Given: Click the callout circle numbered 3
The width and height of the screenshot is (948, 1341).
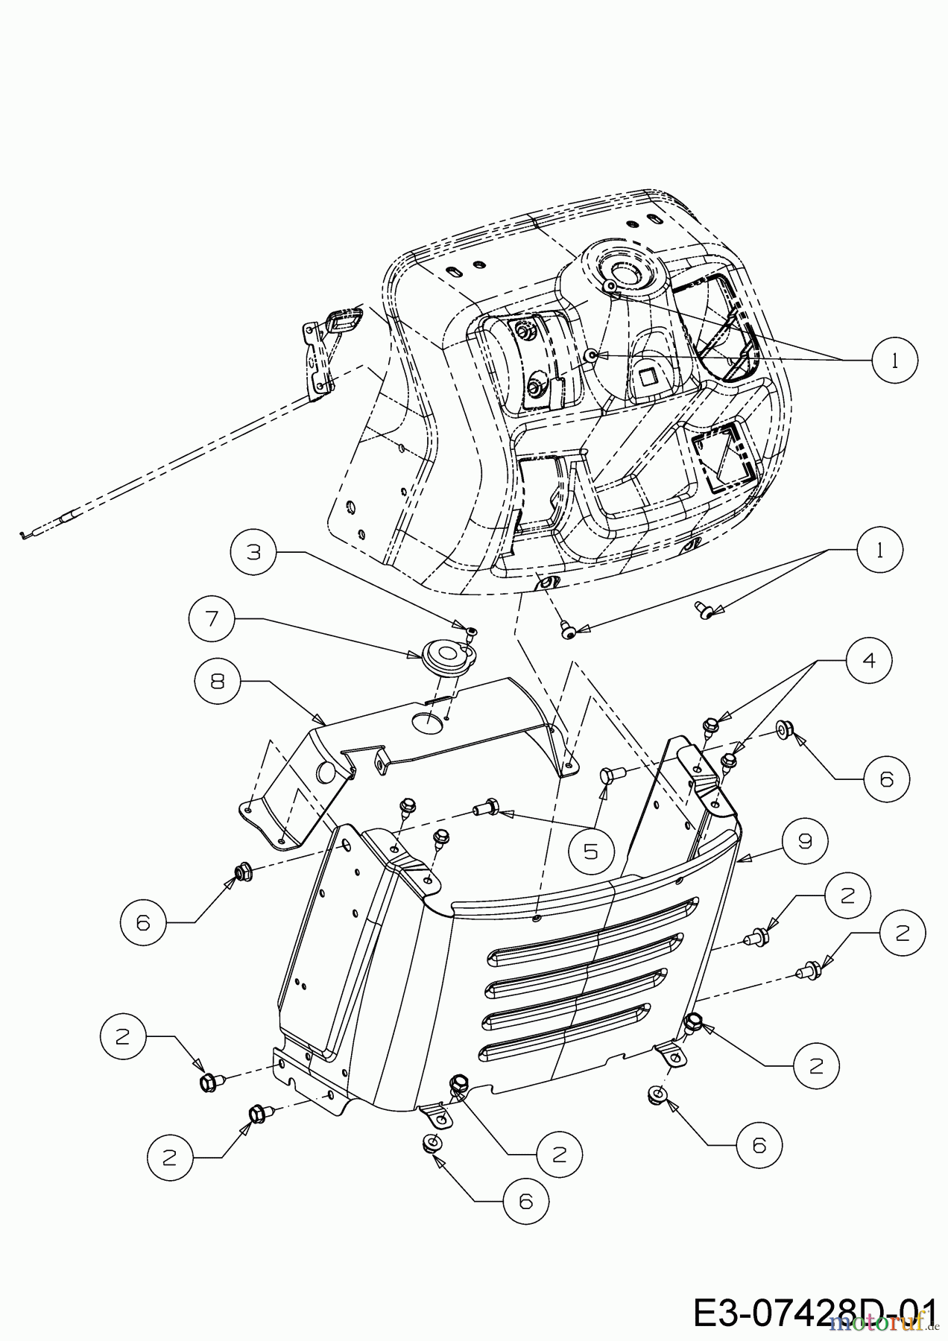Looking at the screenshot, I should pyautogui.click(x=254, y=552).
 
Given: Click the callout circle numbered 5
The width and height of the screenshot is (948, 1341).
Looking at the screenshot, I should pyautogui.click(x=591, y=849).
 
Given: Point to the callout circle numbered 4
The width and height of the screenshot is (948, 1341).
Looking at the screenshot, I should pyautogui.click(x=868, y=660).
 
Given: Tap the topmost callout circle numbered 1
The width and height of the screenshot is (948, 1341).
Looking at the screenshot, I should pyautogui.click(x=894, y=360).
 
